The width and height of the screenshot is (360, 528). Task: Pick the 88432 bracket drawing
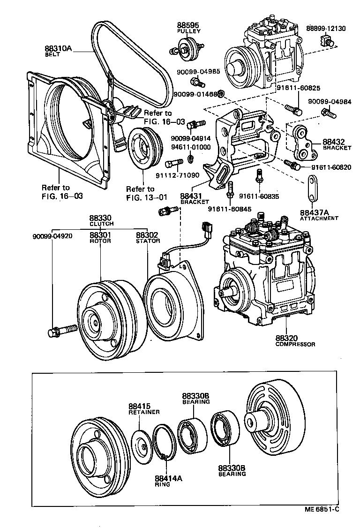click(x=300, y=142)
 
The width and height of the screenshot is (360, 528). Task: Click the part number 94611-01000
click(x=191, y=147)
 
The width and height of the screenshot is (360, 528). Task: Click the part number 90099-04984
click(x=327, y=102)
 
